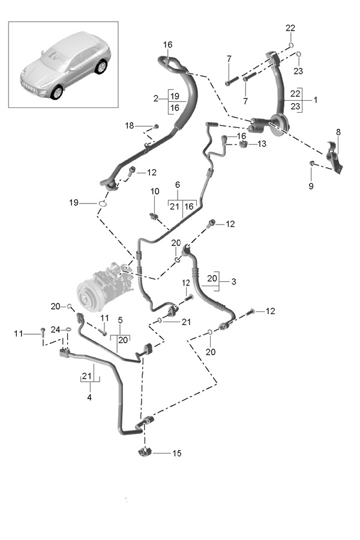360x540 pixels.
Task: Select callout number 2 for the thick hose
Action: pyautogui.click(x=155, y=98)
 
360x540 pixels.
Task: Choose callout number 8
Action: pyautogui.click(x=338, y=131)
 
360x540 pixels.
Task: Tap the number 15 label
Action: pyautogui.click(x=177, y=453)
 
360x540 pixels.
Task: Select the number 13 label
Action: pyautogui.click(x=262, y=144)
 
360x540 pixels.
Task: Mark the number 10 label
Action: pyautogui.click(x=155, y=191)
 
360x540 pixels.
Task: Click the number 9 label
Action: pyautogui.click(x=311, y=187)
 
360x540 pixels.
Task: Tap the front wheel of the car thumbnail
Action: pyautogui.click(x=57, y=92)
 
